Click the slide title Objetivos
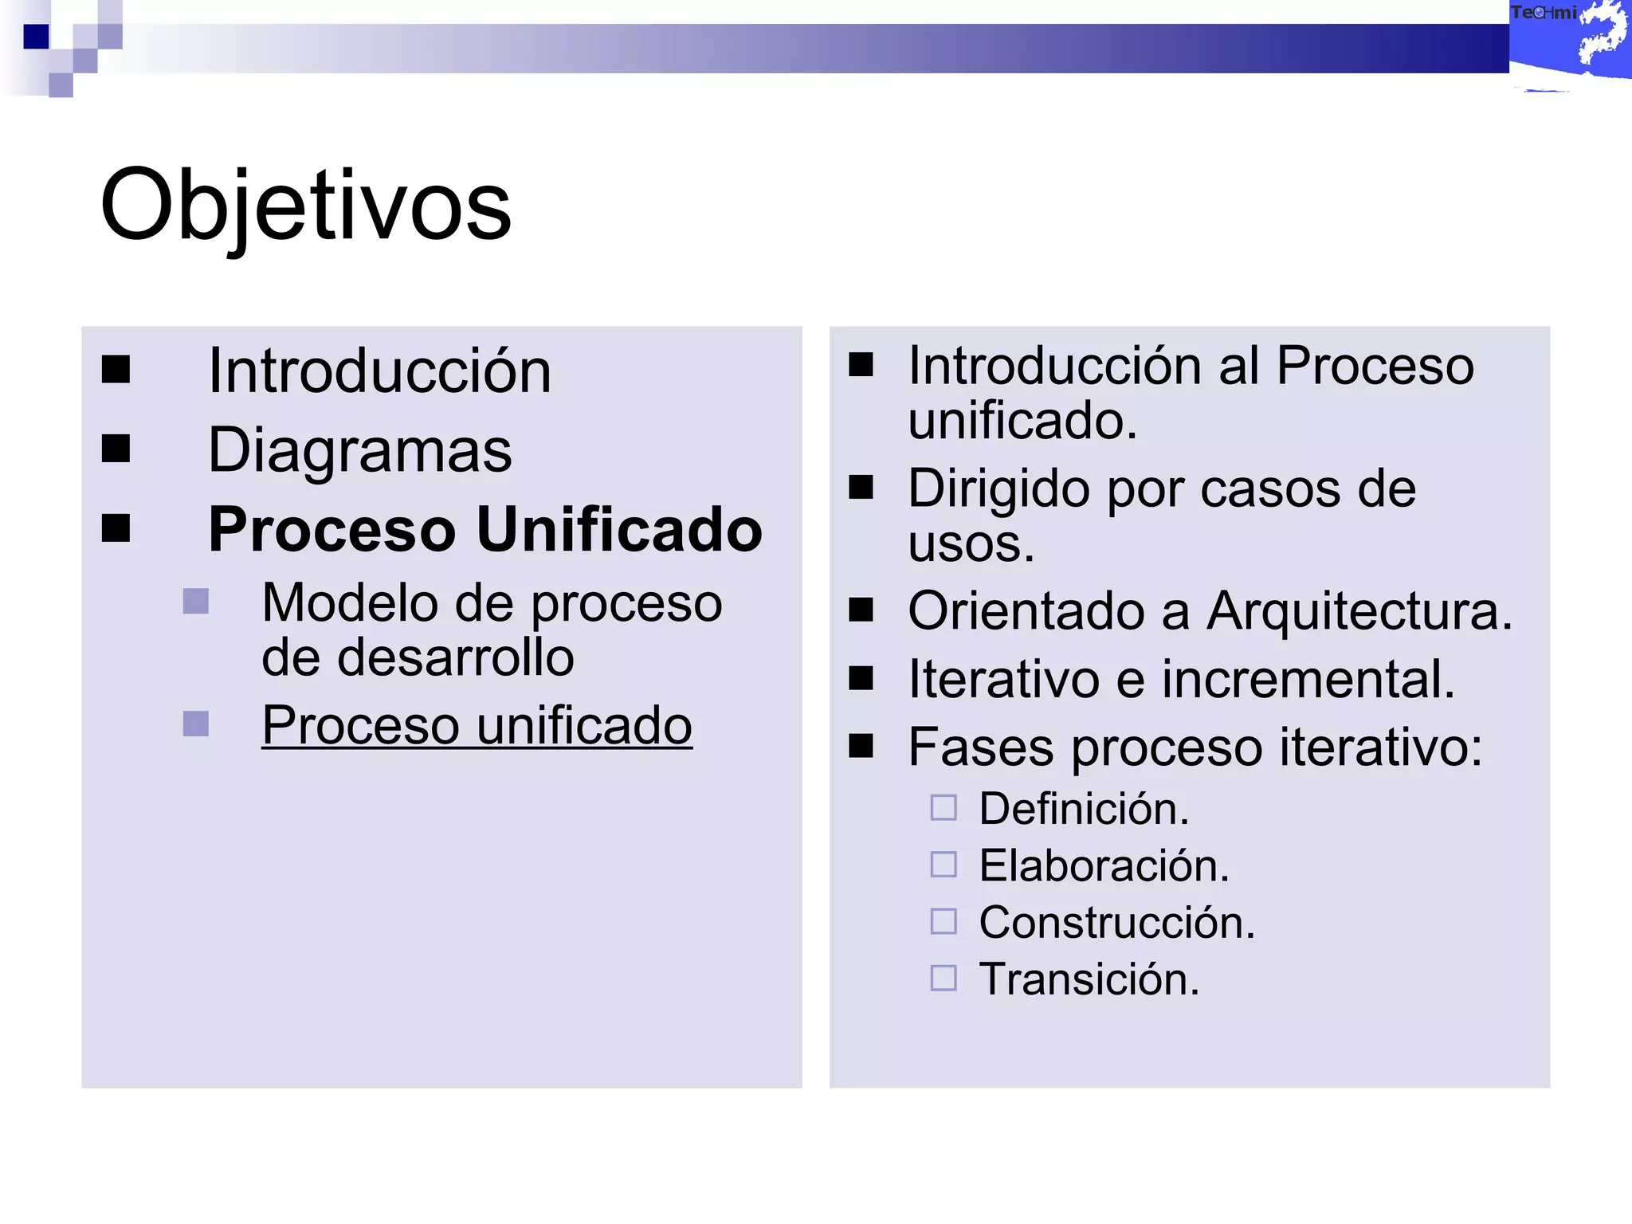point(305,206)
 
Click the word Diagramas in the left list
point(359,450)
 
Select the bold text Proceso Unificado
point(485,529)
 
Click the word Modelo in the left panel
point(349,603)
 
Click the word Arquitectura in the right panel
point(1359,611)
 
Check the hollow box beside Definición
point(943,808)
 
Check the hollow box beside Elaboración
point(943,865)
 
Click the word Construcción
point(1116,923)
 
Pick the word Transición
point(1089,979)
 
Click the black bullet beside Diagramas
point(116,449)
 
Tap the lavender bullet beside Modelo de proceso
point(195,602)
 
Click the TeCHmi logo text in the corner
point(1543,13)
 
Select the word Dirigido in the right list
point(999,488)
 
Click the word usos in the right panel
point(970,544)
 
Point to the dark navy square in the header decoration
point(36,37)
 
